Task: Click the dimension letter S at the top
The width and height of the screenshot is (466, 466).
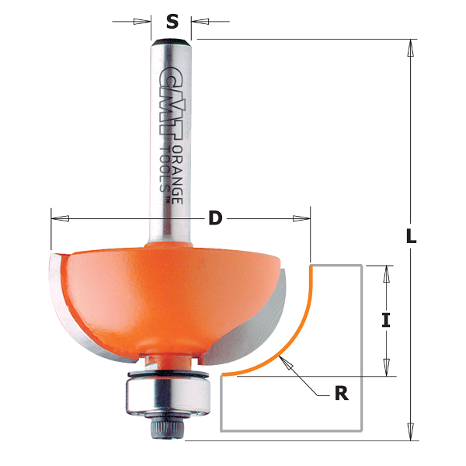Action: click(x=172, y=20)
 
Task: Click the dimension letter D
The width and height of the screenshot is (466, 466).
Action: click(x=215, y=219)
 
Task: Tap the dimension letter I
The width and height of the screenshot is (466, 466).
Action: click(x=385, y=320)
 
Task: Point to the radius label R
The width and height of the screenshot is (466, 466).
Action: click(x=340, y=394)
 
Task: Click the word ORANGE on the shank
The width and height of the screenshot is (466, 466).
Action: click(x=178, y=167)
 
